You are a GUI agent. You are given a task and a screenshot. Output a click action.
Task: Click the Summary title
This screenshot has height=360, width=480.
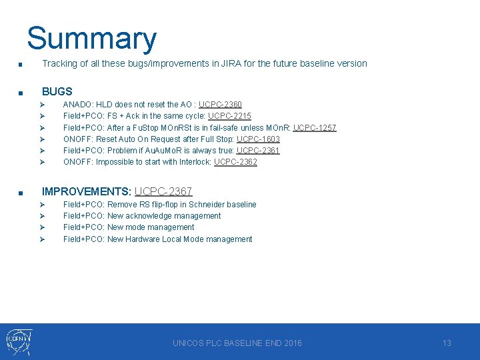pos(91,39)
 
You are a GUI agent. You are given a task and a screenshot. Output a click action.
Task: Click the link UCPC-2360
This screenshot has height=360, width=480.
pos(220,105)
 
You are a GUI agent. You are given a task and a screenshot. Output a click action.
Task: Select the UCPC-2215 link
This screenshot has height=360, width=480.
pos(229,116)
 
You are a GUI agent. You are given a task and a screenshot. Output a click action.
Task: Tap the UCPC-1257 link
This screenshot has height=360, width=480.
pos(315,127)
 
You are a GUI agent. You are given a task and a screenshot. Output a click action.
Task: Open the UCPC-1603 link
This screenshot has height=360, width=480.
pos(258,139)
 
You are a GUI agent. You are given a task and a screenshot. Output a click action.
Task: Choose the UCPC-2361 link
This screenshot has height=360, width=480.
pos(258,151)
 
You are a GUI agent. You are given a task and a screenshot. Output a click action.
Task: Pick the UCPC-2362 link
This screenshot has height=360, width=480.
pos(235,162)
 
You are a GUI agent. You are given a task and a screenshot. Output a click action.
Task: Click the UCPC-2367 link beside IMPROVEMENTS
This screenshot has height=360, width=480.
pos(163,191)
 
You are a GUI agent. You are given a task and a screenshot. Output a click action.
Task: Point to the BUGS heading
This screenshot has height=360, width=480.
pos(57,91)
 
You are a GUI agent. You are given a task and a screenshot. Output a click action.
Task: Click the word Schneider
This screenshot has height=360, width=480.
pos(208,205)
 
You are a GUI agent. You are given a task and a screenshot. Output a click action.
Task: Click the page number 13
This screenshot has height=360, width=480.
pos(447,343)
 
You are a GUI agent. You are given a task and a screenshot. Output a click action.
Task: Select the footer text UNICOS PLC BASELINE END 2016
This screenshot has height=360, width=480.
pos(237,343)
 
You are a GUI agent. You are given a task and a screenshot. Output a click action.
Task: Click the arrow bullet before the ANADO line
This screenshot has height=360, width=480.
pos(41,105)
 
